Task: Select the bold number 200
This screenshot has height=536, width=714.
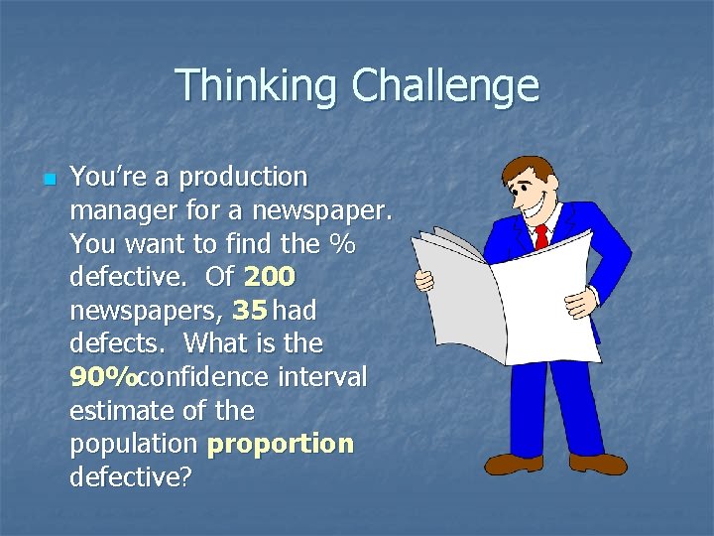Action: [269, 277]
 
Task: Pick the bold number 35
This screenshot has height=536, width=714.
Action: [249, 311]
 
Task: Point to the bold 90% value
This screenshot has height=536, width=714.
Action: [104, 378]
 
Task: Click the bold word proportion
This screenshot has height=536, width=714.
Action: [280, 444]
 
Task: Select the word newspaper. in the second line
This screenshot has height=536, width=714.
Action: [323, 210]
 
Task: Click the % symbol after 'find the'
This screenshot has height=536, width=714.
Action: [342, 244]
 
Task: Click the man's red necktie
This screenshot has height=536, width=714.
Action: [540, 237]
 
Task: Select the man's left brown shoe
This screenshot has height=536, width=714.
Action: [513, 463]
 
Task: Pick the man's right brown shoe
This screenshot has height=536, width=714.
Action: [598, 463]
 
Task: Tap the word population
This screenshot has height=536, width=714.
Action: [134, 444]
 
